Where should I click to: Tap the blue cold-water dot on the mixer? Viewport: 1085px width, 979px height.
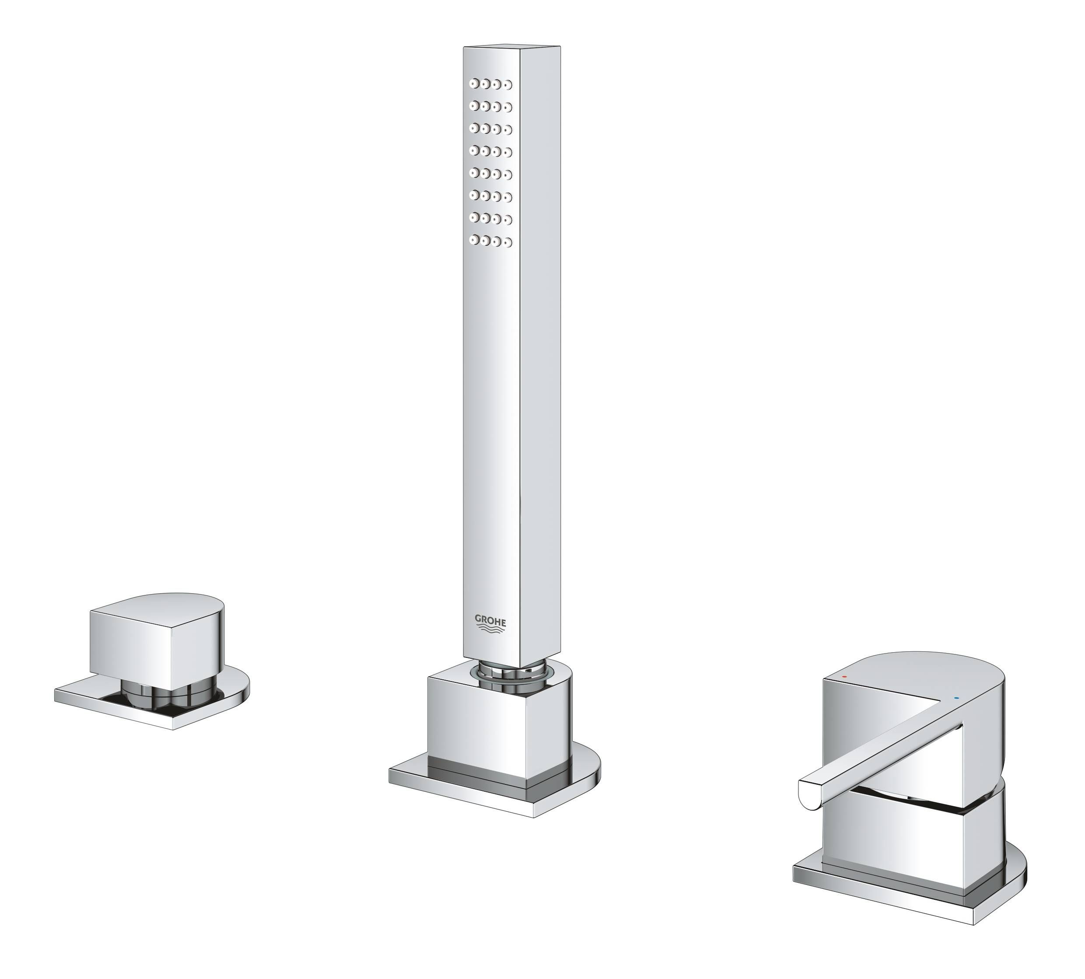(x=955, y=698)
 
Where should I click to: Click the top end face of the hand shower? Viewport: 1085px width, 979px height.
(x=511, y=47)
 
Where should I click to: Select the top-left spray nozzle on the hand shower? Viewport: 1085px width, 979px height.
(x=474, y=84)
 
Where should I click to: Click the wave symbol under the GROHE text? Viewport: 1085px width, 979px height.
(x=490, y=630)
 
